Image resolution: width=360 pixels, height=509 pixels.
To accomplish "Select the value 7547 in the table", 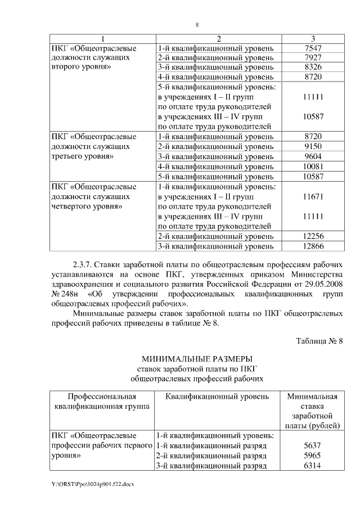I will pyautogui.click(x=312, y=48).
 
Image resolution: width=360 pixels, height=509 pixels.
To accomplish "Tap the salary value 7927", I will pyautogui.click(x=312, y=58).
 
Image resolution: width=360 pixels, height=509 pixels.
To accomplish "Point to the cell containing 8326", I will pyautogui.click(x=312, y=67).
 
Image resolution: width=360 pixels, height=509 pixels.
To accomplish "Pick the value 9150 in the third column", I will pyautogui.click(x=312, y=146).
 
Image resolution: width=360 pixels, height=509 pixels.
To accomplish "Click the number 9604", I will pyautogui.click(x=312, y=156).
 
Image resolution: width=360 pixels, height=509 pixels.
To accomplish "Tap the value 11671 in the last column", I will pyautogui.click(x=312, y=196).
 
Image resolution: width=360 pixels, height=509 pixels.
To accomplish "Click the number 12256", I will pyautogui.click(x=312, y=236).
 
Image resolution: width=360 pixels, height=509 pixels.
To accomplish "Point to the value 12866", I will pyautogui.click(x=312, y=246).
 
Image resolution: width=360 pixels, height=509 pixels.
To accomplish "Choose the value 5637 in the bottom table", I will pyautogui.click(x=312, y=445).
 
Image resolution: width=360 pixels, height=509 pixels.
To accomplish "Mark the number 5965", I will pyautogui.click(x=312, y=455).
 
